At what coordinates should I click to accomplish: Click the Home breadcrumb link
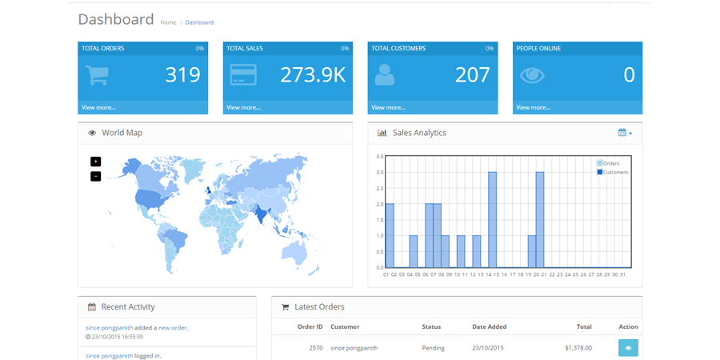point(168,22)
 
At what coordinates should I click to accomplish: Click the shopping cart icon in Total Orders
point(97,75)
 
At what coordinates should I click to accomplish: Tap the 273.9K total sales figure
point(313,75)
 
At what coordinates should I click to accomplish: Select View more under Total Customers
point(388,107)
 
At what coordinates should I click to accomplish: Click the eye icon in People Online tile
point(532,75)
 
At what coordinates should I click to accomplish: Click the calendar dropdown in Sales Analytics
point(625,133)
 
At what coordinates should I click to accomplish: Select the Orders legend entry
point(610,163)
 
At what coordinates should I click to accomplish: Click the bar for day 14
point(492,220)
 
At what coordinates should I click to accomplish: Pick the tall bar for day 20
point(540,220)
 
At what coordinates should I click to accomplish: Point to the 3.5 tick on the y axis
point(379,157)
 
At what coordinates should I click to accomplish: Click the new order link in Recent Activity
point(173,327)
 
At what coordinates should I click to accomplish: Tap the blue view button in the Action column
point(628,348)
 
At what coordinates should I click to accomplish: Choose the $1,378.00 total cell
point(578,348)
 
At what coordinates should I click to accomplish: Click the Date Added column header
point(489,326)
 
